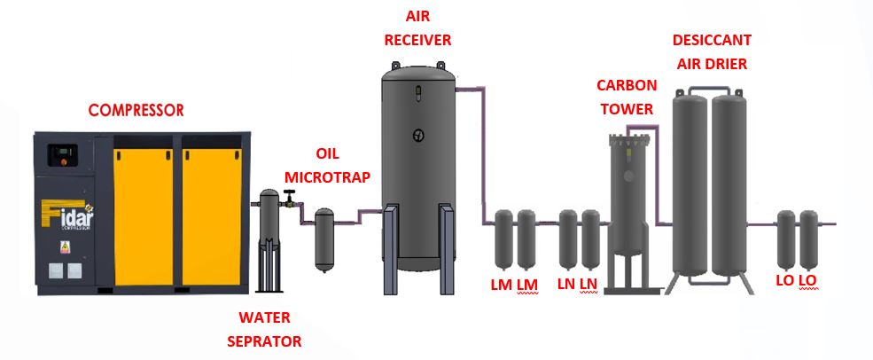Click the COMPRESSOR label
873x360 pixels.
[x=136, y=111]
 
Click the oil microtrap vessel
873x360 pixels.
[x=325, y=239]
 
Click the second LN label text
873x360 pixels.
[x=590, y=284]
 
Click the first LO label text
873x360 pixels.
[x=784, y=281]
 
